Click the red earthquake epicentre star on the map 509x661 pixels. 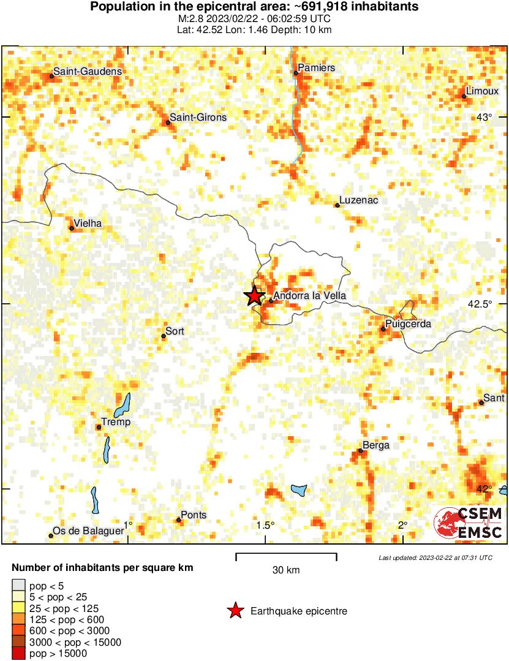point(254,296)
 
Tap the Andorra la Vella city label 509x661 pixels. point(309,296)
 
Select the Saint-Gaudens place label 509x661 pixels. point(88,72)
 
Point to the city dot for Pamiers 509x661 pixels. point(296,73)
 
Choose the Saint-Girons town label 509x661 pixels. point(198,118)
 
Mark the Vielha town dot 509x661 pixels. point(72,229)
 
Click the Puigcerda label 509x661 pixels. point(409,324)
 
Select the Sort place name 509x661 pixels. point(175,331)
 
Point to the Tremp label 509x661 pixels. point(116,422)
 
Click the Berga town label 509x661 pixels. point(376,445)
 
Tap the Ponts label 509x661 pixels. point(194,515)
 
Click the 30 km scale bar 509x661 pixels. point(286,556)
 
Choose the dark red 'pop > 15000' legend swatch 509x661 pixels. point(19,654)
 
